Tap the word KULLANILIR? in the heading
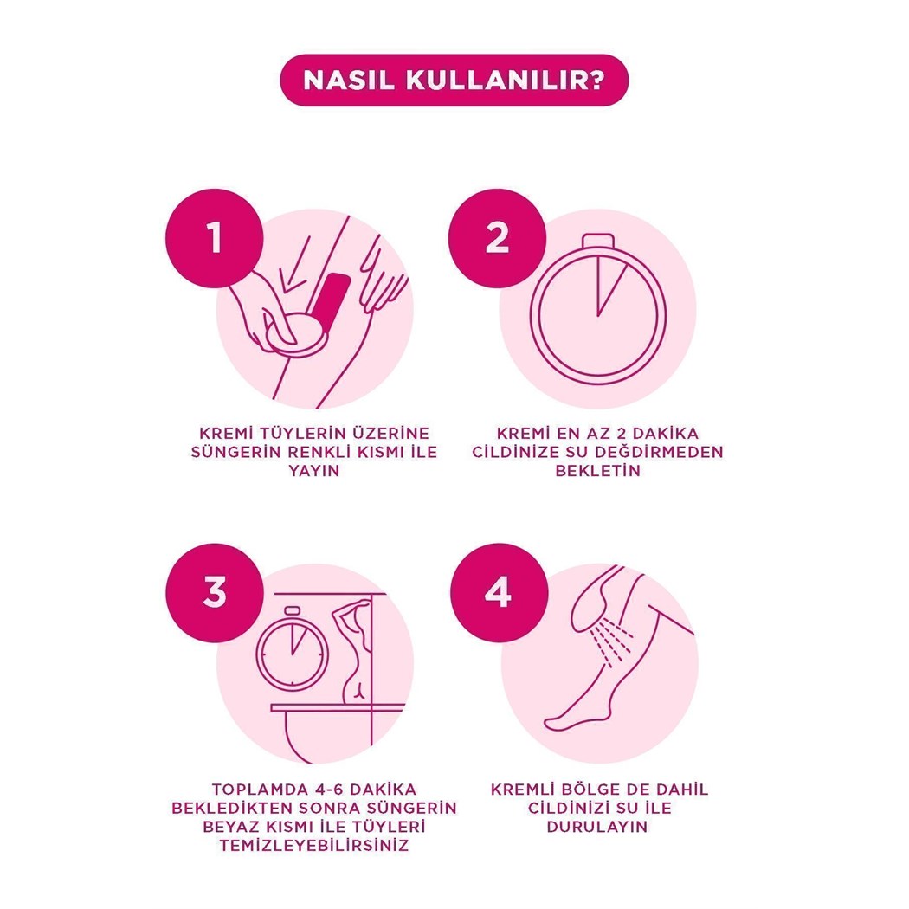pyautogui.click(x=505, y=81)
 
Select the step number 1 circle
pyautogui.click(x=215, y=238)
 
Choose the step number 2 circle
pyautogui.click(x=497, y=238)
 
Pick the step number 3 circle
pyautogui.click(x=215, y=592)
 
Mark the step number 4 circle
pyautogui.click(x=500, y=592)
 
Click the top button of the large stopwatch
pyautogui.click(x=597, y=240)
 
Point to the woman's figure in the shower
pyautogui.click(x=354, y=650)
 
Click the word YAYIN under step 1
pyautogui.click(x=314, y=470)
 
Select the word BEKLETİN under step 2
pyautogui.click(x=597, y=470)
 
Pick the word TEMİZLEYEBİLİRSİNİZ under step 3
pyautogui.click(x=314, y=845)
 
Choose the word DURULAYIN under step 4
pyautogui.click(x=597, y=826)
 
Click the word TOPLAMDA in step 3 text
pyautogui.click(x=257, y=789)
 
